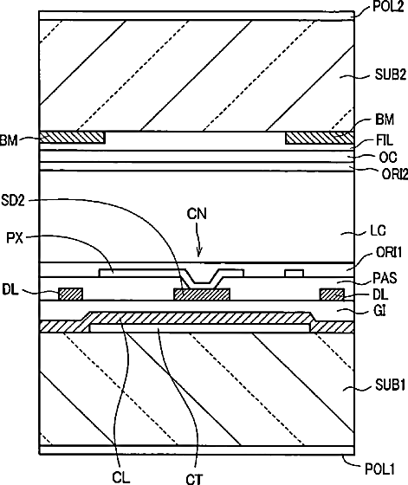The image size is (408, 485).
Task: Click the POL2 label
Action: coord(388,6)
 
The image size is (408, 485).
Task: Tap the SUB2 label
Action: coord(391,75)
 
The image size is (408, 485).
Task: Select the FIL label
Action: coord(385,140)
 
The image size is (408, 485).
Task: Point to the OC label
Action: coord(388,158)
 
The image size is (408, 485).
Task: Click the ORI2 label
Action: coord(395,174)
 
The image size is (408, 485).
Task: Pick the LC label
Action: coord(378,231)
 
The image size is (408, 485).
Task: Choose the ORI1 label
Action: coord(389,253)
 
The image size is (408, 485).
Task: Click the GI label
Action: coord(379,311)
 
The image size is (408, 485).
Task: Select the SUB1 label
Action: coord(391,385)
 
